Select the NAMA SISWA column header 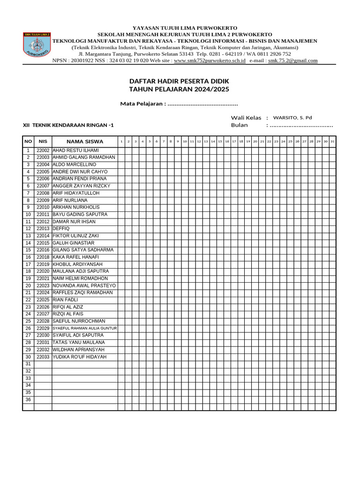click(x=85, y=141)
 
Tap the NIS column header click(x=43, y=141)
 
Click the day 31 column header click(x=332, y=141)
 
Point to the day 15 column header click(x=220, y=141)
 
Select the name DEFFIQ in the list click(x=61, y=229)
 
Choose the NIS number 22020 click(x=43, y=271)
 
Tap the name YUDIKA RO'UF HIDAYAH click(x=79, y=357)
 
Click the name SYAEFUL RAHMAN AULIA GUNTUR click(x=84, y=329)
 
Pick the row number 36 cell click(x=28, y=400)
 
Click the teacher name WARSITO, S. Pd click(x=292, y=118)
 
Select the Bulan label click(x=239, y=125)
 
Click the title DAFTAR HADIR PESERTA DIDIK click(x=179, y=81)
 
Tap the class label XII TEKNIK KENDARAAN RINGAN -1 click(x=68, y=125)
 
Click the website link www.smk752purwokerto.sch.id click(x=210, y=60)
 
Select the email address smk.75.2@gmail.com click(x=292, y=60)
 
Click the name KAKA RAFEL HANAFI click(x=75, y=257)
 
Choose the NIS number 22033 click(x=43, y=357)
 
